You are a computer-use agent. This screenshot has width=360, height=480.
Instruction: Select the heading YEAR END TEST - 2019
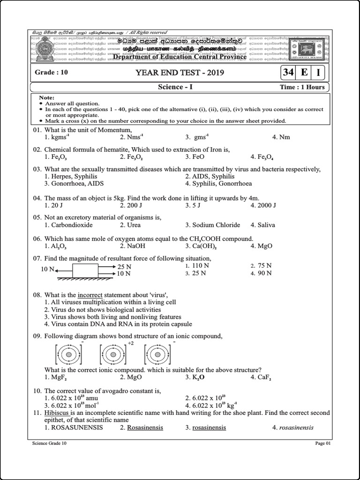[180, 73]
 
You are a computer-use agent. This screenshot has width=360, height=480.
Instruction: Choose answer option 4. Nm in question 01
[281, 137]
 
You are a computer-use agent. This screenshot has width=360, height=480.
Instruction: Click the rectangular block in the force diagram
[85, 270]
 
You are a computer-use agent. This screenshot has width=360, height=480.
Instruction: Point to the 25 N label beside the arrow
[124, 267]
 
